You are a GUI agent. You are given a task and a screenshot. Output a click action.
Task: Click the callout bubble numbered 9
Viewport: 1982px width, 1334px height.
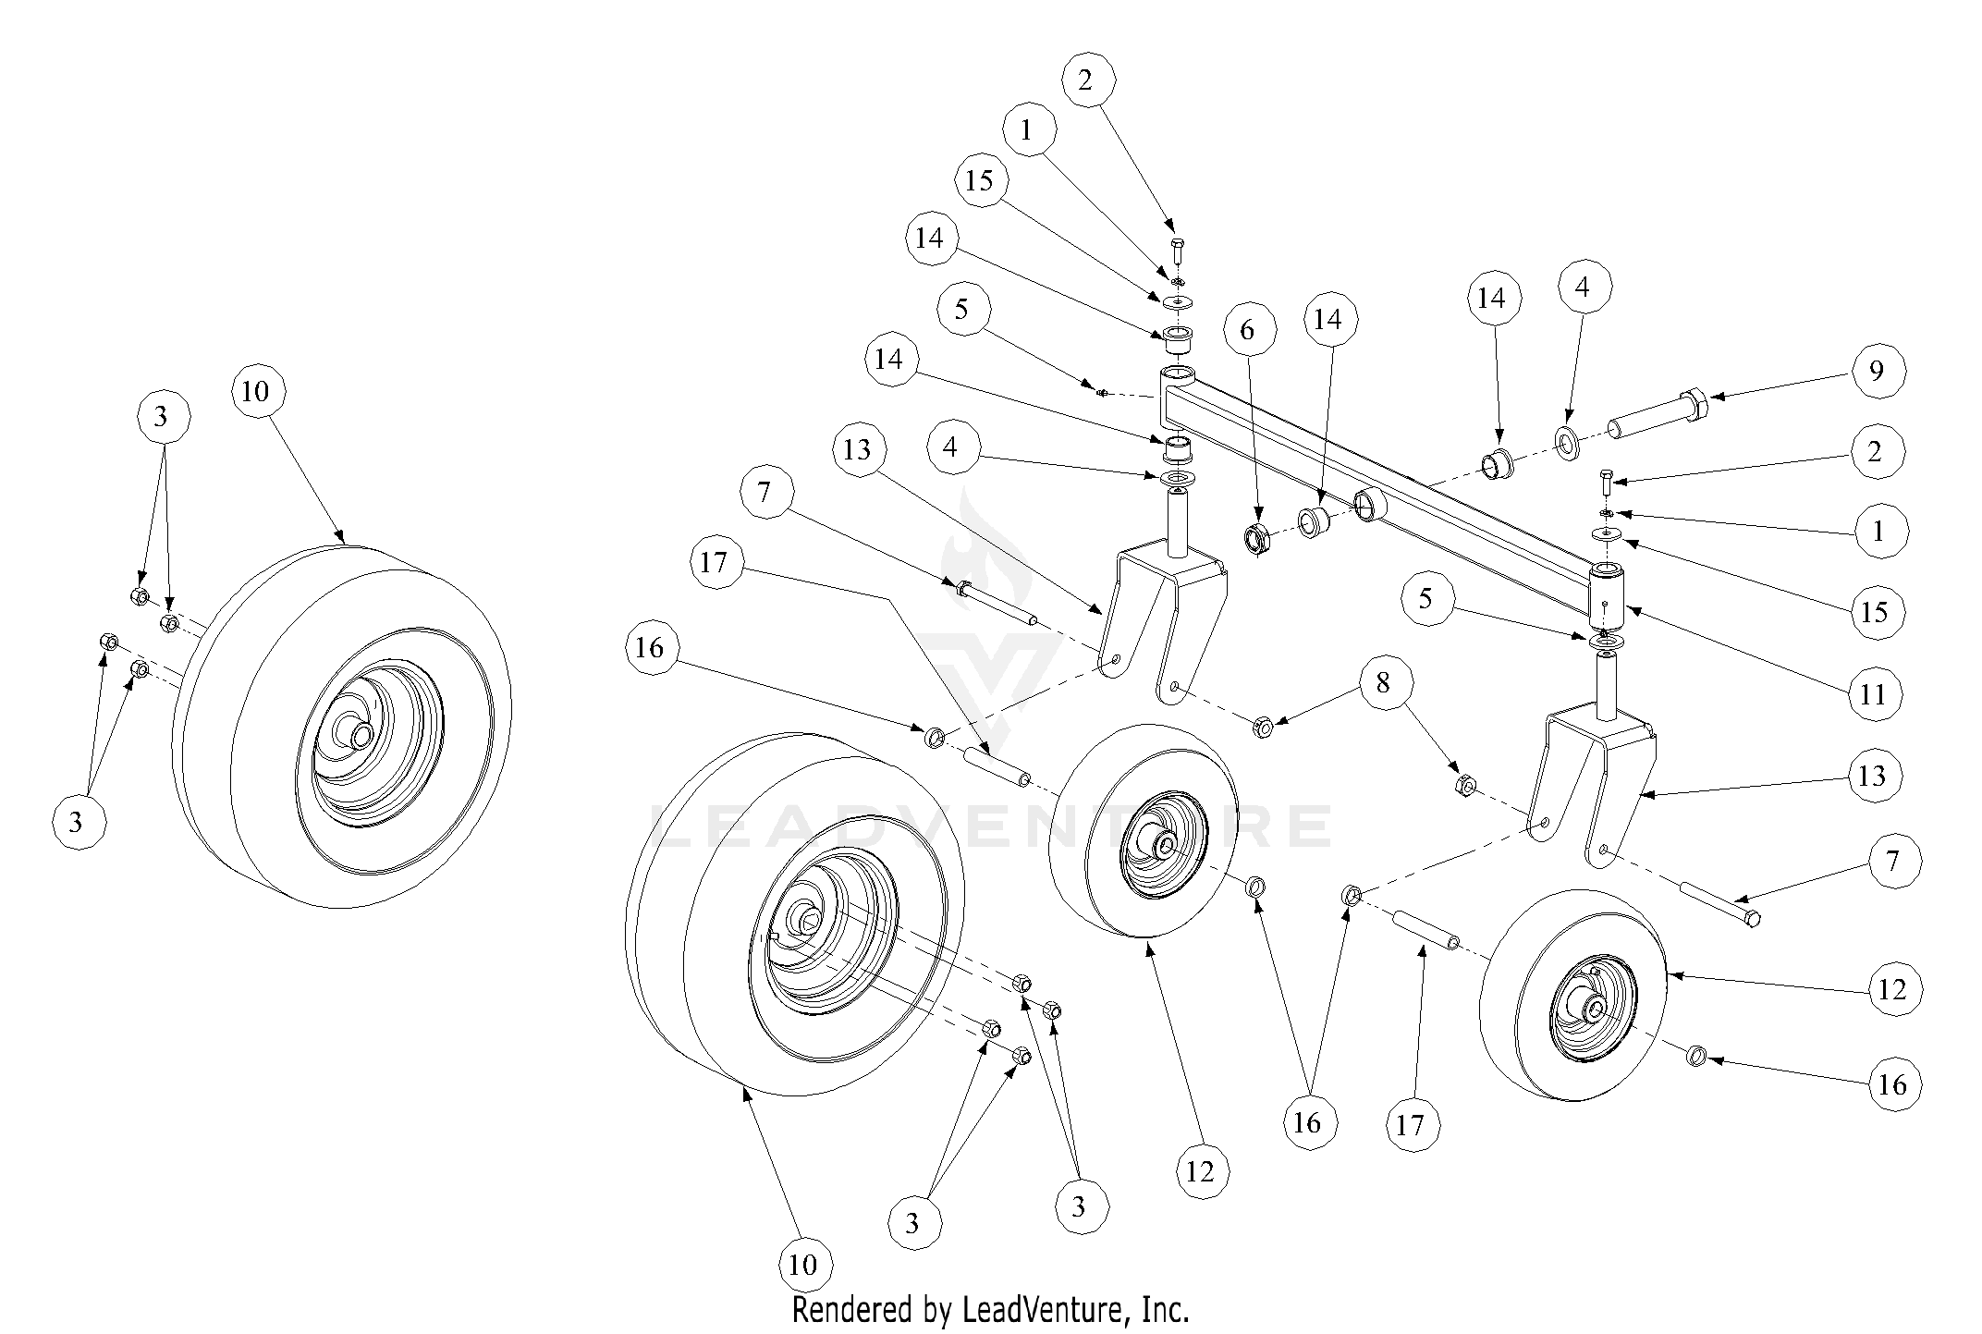(x=1877, y=371)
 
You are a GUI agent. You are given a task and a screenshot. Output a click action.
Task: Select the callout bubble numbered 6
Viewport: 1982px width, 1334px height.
(x=1247, y=330)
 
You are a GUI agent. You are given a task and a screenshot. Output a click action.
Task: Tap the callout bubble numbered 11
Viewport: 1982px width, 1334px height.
(x=1873, y=694)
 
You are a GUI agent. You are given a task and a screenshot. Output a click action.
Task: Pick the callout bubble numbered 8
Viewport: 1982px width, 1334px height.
(x=1383, y=683)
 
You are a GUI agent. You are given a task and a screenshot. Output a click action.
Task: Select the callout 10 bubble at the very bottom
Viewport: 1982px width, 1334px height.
(x=803, y=1264)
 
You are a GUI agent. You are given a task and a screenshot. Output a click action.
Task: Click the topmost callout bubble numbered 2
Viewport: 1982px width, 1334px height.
(x=1085, y=80)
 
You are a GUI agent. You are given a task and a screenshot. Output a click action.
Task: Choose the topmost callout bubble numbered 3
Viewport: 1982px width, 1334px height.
(x=161, y=417)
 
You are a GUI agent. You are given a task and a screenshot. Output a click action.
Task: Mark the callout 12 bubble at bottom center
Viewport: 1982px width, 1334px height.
(x=1200, y=1172)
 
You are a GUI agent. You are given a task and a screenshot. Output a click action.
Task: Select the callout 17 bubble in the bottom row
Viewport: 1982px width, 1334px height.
(x=1410, y=1125)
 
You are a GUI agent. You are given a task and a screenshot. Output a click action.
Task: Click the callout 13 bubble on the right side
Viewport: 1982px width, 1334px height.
(x=1872, y=776)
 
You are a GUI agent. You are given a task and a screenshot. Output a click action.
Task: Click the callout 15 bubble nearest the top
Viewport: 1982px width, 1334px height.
(x=979, y=180)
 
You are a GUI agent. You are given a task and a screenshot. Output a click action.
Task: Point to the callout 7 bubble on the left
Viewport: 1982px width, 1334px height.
(x=764, y=492)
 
